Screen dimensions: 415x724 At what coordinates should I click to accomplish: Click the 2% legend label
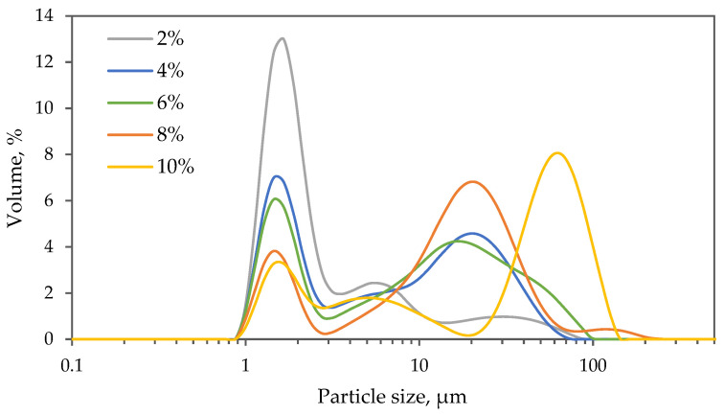click(x=173, y=42)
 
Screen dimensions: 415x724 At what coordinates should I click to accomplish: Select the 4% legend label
click(x=173, y=74)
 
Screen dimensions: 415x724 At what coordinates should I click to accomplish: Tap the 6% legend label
click(x=173, y=104)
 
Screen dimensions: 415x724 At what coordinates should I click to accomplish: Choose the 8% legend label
click(x=173, y=136)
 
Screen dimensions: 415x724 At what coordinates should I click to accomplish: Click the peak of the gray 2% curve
click(x=282, y=38)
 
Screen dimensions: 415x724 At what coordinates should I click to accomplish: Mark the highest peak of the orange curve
click(x=472, y=181)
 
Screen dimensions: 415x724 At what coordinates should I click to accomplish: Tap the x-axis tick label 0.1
click(x=72, y=364)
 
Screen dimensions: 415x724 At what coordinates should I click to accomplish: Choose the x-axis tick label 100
click(x=594, y=364)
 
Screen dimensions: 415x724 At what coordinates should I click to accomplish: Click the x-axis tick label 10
click(x=419, y=364)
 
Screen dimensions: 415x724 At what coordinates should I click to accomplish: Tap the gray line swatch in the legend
click(x=125, y=42)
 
